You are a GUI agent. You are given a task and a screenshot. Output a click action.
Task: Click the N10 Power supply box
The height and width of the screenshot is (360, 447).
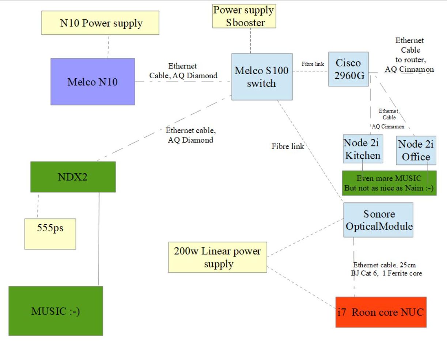pos(100,23)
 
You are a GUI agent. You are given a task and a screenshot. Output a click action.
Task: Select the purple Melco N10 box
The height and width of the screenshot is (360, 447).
pos(92,82)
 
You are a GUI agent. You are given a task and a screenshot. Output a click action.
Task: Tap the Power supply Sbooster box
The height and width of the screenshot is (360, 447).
pos(244,16)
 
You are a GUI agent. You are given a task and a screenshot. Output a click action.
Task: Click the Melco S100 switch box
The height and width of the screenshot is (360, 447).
pos(262,77)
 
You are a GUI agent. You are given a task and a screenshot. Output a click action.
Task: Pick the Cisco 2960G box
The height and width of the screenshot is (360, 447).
pos(348,69)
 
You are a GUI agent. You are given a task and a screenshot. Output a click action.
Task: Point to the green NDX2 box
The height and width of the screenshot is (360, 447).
pos(73,177)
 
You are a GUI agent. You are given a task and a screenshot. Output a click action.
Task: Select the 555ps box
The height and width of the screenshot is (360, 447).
pos(50,234)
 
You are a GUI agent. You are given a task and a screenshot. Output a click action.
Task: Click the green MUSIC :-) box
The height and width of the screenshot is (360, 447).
pos(56,311)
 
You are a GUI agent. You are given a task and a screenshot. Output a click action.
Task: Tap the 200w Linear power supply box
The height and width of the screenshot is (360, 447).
pos(217,257)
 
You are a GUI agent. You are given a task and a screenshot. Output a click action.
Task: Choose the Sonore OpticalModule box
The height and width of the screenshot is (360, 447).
pos(378,220)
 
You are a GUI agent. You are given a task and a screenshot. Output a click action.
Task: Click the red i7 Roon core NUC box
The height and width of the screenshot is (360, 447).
pos(381,312)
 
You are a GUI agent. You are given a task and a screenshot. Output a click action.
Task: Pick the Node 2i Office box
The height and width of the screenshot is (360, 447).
pos(416,150)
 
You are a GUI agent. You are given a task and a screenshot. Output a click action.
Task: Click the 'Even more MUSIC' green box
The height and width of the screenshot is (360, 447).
pos(389,183)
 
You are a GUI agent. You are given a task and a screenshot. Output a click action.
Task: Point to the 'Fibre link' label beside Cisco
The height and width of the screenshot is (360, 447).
pos(312,64)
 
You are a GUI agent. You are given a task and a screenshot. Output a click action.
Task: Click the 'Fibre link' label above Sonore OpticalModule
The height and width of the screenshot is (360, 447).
pos(288,146)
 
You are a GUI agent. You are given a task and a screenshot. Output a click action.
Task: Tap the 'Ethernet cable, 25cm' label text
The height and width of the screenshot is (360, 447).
pos(385,265)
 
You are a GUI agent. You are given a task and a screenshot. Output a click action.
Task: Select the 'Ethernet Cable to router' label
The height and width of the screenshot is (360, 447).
pos(410,55)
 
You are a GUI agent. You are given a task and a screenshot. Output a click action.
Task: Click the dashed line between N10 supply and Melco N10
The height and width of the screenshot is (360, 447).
pos(108,46)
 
